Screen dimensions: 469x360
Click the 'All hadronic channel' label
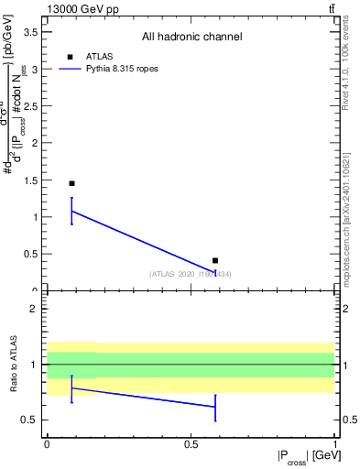point(191,37)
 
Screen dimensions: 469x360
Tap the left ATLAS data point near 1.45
point(71,183)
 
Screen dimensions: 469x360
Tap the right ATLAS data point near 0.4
point(215,261)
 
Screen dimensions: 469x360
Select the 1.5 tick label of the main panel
point(32,180)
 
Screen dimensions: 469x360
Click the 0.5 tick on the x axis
point(190,442)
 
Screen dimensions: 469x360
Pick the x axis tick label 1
point(333,442)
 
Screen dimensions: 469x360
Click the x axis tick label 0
point(47,442)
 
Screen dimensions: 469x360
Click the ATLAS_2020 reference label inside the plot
point(191,274)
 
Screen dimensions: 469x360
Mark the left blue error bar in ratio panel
point(71,388)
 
